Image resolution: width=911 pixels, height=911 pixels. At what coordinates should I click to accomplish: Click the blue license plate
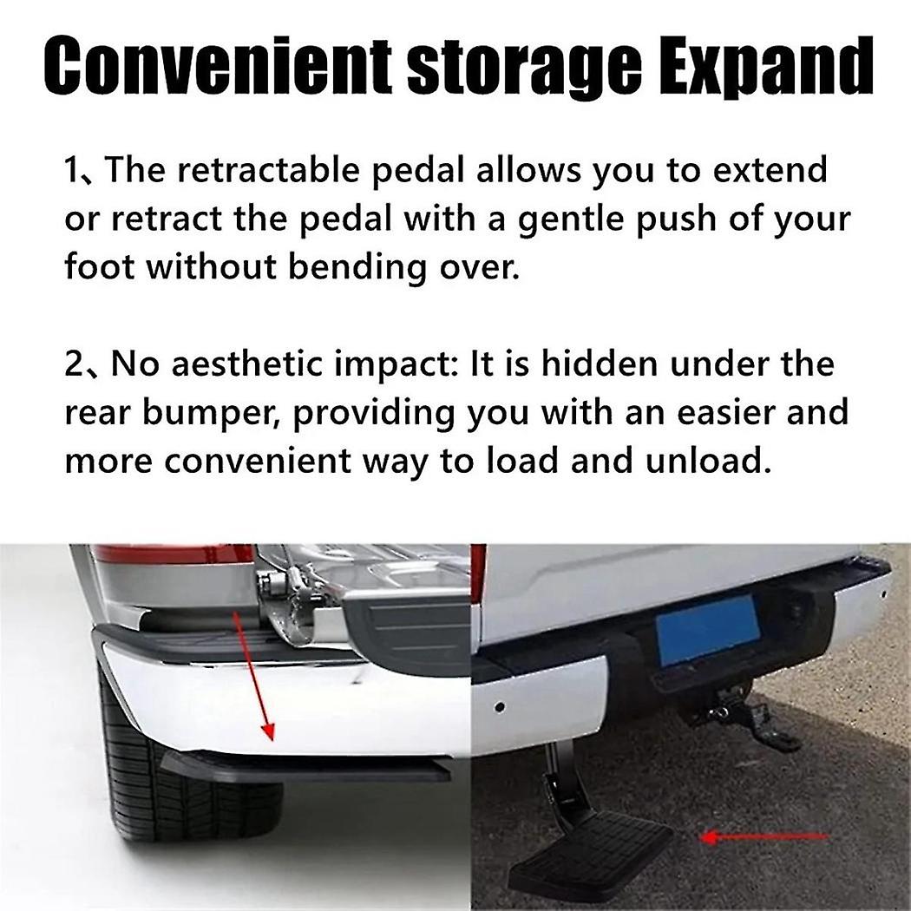[x=708, y=629]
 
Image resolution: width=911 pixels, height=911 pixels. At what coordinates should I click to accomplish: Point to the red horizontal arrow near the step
[x=764, y=837]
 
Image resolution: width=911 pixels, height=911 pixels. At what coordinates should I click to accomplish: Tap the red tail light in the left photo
[x=174, y=554]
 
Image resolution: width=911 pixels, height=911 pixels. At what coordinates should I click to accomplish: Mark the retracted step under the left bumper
[x=304, y=767]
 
